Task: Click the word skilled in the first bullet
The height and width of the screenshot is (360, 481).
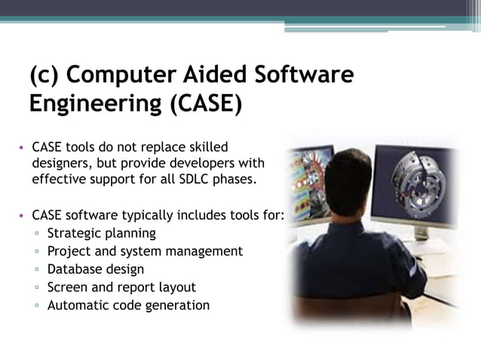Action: (x=202, y=145)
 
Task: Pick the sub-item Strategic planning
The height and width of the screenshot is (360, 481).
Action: (x=101, y=233)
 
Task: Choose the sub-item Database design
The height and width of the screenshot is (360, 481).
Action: (x=95, y=269)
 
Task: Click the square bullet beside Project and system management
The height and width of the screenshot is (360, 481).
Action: (x=35, y=252)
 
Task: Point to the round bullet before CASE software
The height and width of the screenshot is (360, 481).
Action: (x=23, y=216)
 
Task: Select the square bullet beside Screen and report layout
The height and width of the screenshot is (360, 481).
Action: (x=35, y=288)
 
